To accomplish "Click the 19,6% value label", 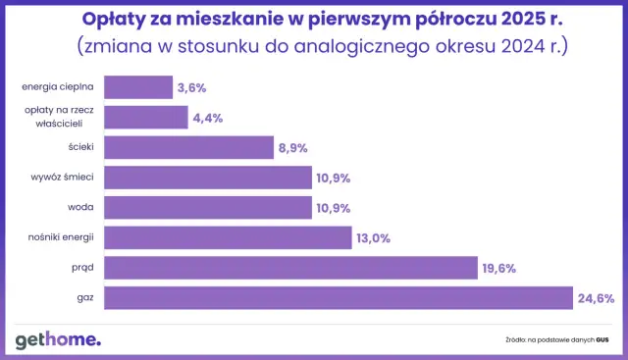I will click(498, 268).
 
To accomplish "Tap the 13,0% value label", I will click(373, 237).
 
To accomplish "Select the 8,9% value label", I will click(293, 148).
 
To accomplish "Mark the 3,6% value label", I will click(191, 87).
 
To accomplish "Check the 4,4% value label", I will click(207, 118).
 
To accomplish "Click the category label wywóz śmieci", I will click(63, 178).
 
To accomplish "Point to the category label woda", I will click(79, 208).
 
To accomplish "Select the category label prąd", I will click(81, 268).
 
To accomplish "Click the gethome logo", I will click(57, 339).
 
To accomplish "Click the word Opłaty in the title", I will click(140, 20).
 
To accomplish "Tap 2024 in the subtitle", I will click(513, 45).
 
